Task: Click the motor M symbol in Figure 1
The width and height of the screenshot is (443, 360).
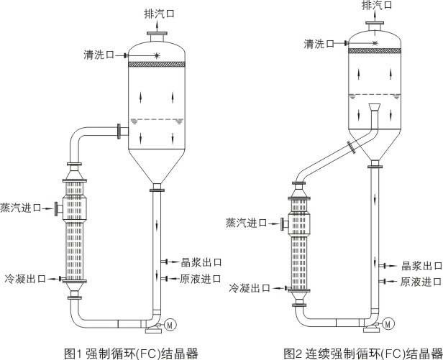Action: (170, 325)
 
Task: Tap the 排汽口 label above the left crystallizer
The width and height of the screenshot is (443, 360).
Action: (159, 14)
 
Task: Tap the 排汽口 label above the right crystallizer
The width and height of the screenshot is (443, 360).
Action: (377, 5)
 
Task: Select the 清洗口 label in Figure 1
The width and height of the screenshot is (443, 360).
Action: (99, 55)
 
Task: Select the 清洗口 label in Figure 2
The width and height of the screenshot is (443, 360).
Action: (319, 44)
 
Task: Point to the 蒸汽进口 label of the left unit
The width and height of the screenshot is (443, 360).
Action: (21, 208)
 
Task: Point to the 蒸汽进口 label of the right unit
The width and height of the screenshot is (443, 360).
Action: (246, 223)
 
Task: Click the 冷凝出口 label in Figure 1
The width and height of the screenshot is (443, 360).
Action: (25, 279)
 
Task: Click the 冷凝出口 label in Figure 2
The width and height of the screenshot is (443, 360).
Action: (250, 288)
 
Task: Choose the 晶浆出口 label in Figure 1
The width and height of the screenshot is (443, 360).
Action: (201, 262)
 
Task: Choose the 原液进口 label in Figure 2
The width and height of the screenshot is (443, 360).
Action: (421, 282)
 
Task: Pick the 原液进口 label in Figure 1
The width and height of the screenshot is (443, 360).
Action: (201, 279)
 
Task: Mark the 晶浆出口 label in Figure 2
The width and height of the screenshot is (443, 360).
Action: (422, 266)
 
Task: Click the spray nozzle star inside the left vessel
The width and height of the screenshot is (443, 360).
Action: (157, 55)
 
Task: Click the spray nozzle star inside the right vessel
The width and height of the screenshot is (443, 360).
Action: (375, 43)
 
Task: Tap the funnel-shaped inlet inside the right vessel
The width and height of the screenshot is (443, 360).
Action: (375, 107)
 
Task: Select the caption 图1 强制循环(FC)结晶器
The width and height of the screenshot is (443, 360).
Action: (131, 353)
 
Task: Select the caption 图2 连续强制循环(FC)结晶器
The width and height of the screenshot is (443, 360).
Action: (362, 353)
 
